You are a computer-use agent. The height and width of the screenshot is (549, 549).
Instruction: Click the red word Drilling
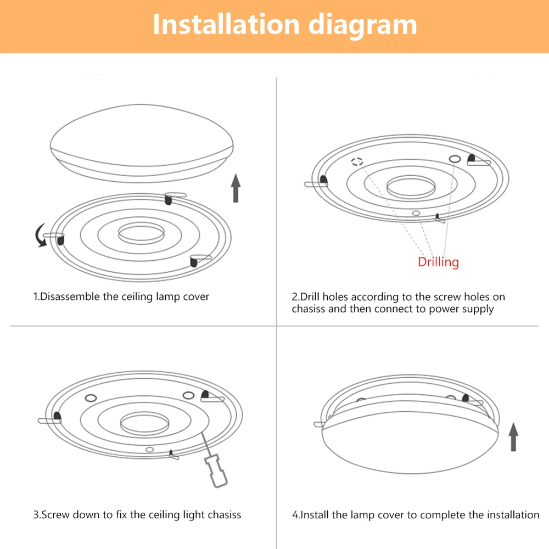(438, 262)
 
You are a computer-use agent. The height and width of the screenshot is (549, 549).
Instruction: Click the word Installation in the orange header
(226, 25)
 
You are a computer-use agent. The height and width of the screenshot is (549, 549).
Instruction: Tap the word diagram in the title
(362, 25)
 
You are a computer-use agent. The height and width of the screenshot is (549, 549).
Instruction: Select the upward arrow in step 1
(236, 188)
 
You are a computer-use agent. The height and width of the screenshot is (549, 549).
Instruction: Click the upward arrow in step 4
(513, 436)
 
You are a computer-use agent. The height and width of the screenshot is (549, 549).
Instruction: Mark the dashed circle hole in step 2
(357, 162)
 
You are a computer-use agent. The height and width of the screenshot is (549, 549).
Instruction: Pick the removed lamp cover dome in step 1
(142, 145)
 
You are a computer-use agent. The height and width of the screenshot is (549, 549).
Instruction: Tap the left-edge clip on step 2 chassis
(322, 181)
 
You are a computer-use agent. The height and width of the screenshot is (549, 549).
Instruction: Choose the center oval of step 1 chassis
(141, 233)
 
